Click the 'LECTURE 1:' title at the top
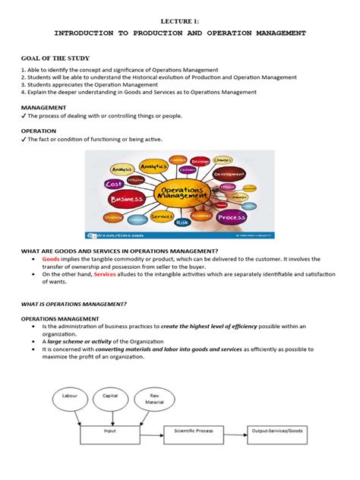coord(180,23)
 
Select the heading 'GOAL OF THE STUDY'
coord(55,58)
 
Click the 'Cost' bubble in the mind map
coord(114,184)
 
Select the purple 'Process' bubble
coord(232,216)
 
